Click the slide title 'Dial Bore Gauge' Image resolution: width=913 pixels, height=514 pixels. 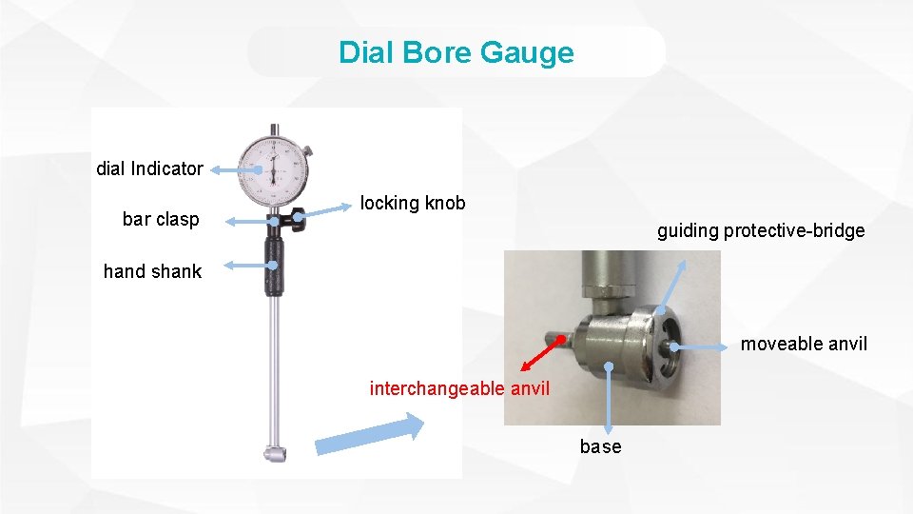coord(456,52)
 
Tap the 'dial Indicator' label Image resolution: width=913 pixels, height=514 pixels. coord(149,168)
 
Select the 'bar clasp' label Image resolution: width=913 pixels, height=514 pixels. coord(161,219)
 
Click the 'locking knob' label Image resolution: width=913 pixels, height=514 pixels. coord(413,203)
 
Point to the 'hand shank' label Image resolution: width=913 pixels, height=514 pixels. coord(152,271)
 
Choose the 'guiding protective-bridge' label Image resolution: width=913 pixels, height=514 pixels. coord(761,230)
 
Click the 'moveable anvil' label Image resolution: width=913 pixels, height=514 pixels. coord(804,344)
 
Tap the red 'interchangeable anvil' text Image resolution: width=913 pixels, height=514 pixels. coord(459,388)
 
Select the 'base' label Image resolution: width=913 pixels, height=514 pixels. coord(600,446)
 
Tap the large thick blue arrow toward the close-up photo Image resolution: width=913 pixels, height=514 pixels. coord(371,437)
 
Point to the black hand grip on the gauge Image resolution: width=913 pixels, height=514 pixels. coord(274,266)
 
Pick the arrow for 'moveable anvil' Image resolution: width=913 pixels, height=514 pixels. coord(704,347)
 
